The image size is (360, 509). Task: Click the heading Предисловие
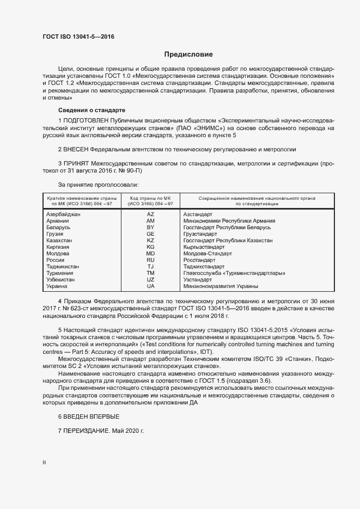188,54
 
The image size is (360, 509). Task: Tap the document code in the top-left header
78,36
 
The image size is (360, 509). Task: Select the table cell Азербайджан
63,214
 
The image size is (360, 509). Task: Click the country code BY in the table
150,228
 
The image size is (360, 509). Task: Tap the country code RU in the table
150,260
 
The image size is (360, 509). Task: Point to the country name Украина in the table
57,286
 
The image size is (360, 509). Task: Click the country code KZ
150,241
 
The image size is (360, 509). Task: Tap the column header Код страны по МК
150,198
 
